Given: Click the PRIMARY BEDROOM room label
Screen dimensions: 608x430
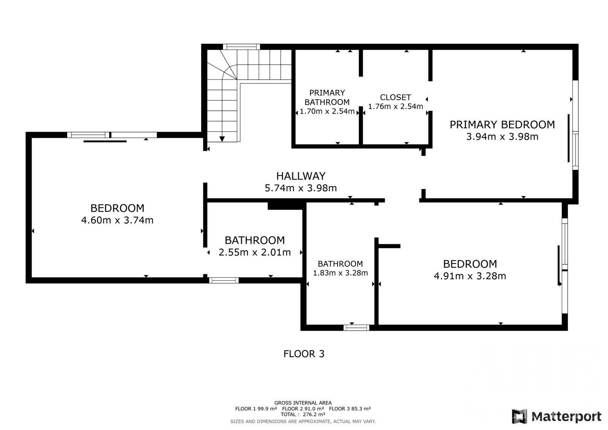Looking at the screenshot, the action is (x=502, y=125).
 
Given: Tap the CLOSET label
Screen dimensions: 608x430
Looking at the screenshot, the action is (x=396, y=97).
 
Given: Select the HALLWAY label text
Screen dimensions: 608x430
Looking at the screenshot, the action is (x=301, y=176).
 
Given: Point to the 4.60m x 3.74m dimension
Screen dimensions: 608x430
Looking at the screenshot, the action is (x=117, y=220).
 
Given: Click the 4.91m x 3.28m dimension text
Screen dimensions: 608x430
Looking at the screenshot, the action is (x=470, y=276).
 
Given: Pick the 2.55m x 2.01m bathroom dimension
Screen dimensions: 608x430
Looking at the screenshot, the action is (x=255, y=252).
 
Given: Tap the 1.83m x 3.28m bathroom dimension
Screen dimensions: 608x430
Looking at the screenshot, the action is (x=340, y=273).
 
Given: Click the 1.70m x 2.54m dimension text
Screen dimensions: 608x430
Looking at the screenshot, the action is (x=327, y=111).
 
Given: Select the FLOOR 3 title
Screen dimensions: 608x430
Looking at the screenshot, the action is (x=304, y=354).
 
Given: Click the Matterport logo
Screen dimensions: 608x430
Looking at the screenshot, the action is (x=556, y=416).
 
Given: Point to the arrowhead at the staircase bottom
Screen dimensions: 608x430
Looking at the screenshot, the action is (x=222, y=139).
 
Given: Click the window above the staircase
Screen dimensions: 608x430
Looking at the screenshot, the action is (x=241, y=47).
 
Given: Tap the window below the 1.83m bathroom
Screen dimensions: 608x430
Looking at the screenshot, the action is (x=356, y=328).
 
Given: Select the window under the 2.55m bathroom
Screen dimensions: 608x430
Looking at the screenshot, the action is (x=224, y=280).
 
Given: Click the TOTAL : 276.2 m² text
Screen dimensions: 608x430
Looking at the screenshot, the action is (x=303, y=414).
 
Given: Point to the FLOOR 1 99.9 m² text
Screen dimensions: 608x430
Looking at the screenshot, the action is (x=256, y=409).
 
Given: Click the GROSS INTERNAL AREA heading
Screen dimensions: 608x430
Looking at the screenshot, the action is (x=303, y=403).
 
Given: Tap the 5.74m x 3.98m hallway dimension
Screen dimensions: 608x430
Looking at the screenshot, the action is (x=301, y=188).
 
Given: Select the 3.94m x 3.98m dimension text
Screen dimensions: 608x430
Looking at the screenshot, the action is (x=502, y=136).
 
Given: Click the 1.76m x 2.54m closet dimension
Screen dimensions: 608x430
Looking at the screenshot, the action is (x=396, y=106).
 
